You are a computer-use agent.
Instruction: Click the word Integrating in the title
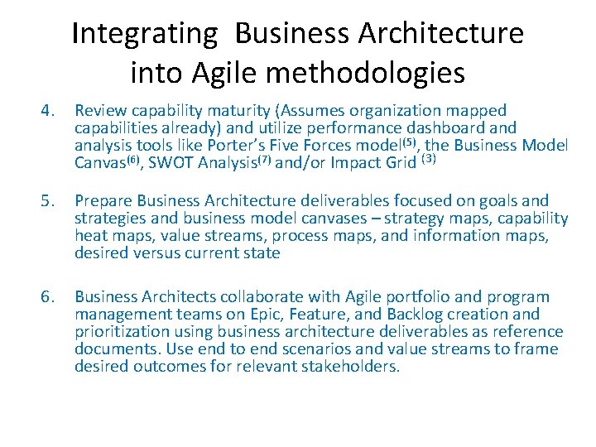[143, 34]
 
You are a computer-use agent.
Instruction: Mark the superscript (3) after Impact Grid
[428, 159]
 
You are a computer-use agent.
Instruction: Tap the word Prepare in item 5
[103, 201]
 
